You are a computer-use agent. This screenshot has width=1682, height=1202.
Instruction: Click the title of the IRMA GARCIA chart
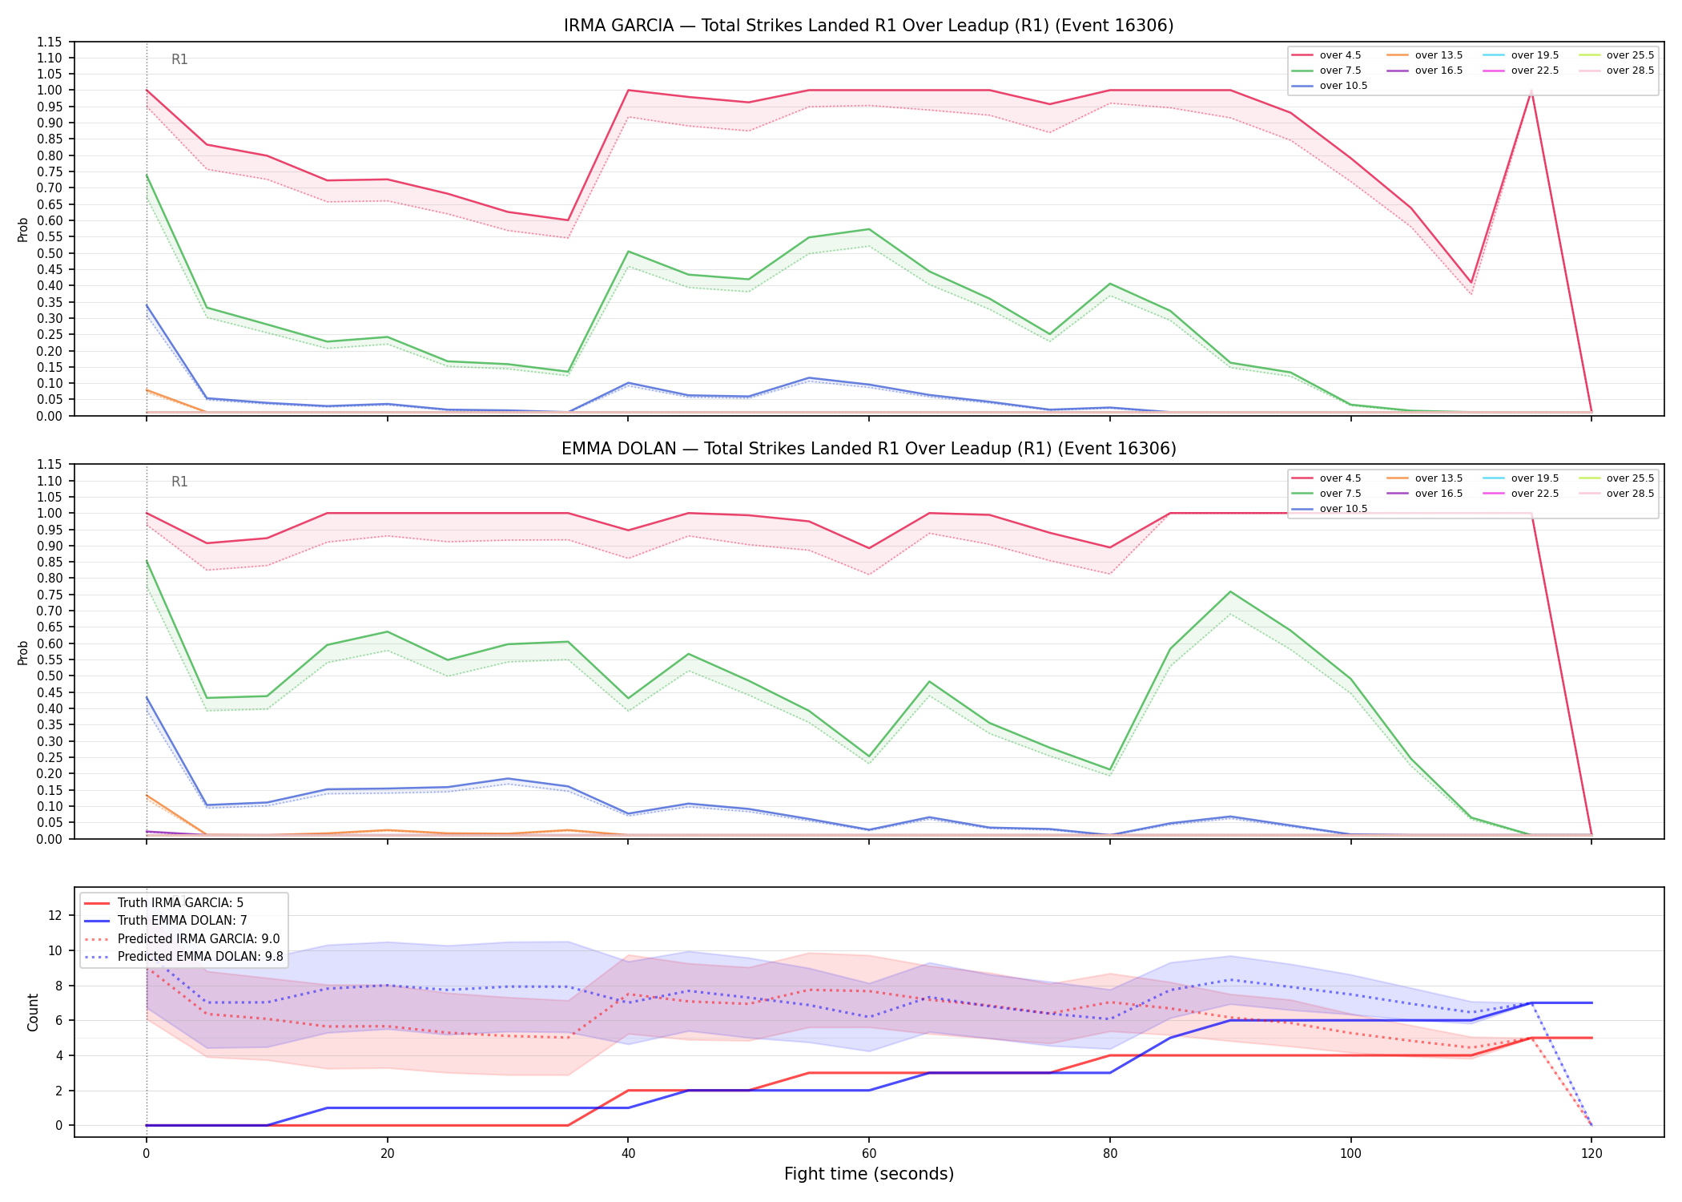(868, 26)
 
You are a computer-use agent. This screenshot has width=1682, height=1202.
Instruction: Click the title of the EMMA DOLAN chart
(868, 449)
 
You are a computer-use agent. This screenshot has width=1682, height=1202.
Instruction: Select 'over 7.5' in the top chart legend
(1340, 71)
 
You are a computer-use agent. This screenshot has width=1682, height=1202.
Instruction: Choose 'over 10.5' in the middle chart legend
(1343, 509)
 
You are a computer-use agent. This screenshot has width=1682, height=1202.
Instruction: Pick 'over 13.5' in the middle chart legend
(1439, 478)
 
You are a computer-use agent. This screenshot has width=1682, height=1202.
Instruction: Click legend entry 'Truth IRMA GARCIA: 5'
(180, 903)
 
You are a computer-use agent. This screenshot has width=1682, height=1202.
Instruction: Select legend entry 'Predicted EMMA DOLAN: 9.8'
(200, 957)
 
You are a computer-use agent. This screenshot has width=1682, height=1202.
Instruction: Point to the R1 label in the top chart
(179, 59)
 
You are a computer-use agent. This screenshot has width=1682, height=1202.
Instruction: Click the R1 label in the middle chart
(179, 482)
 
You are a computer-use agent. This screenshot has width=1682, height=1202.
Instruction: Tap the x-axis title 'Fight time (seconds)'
(869, 1174)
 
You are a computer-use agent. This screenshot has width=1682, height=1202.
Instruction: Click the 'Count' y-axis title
(33, 1012)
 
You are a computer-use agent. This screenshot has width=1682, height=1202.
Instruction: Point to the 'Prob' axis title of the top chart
(23, 229)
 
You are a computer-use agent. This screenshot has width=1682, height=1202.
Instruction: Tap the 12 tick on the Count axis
(56, 915)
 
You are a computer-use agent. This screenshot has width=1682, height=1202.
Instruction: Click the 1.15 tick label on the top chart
(50, 42)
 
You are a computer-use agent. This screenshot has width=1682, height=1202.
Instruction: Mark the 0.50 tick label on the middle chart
(50, 676)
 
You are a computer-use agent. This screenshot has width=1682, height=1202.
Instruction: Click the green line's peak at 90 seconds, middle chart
(1230, 591)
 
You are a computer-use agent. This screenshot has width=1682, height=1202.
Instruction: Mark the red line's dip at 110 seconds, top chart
(1471, 283)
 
